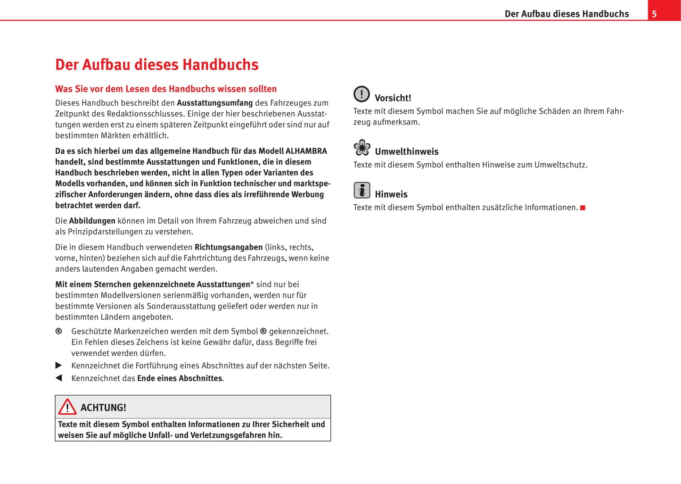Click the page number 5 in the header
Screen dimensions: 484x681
654,14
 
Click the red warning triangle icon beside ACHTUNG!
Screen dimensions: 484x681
67,407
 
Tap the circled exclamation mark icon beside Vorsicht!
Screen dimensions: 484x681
361,94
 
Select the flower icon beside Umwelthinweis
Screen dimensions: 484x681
362,148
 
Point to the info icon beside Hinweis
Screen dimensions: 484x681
362,191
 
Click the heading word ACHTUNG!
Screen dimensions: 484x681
103,408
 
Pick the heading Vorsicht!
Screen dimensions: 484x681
393,98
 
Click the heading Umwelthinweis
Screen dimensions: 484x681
406,151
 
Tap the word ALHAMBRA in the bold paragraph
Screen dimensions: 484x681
306,151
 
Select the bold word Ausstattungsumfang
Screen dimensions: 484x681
214,103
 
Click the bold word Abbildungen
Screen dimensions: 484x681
92,221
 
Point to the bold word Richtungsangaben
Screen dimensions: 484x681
229,247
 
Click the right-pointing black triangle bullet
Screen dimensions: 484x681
59,366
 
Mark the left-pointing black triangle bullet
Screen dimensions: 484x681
59,378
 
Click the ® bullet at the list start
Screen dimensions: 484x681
59,332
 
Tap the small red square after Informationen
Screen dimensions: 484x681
583,208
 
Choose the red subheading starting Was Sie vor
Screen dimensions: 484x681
166,89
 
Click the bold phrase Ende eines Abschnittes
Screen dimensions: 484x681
180,378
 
